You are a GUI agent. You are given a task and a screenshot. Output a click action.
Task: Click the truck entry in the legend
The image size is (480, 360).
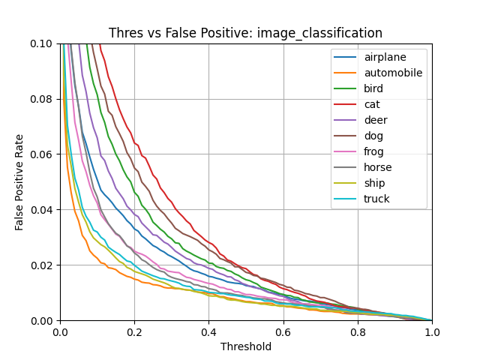click(x=377, y=199)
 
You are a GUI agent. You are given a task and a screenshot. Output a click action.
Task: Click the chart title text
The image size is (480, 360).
click(x=245, y=33)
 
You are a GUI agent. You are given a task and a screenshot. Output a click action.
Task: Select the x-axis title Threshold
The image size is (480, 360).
click(x=245, y=346)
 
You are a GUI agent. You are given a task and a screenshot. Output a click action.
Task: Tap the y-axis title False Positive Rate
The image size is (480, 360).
click(x=19, y=182)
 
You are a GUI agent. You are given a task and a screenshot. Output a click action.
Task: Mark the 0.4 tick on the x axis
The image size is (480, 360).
click(x=208, y=331)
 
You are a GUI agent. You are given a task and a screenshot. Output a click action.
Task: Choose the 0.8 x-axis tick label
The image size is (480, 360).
click(x=357, y=331)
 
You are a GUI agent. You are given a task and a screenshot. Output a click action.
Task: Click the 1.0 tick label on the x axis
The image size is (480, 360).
click(x=431, y=331)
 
